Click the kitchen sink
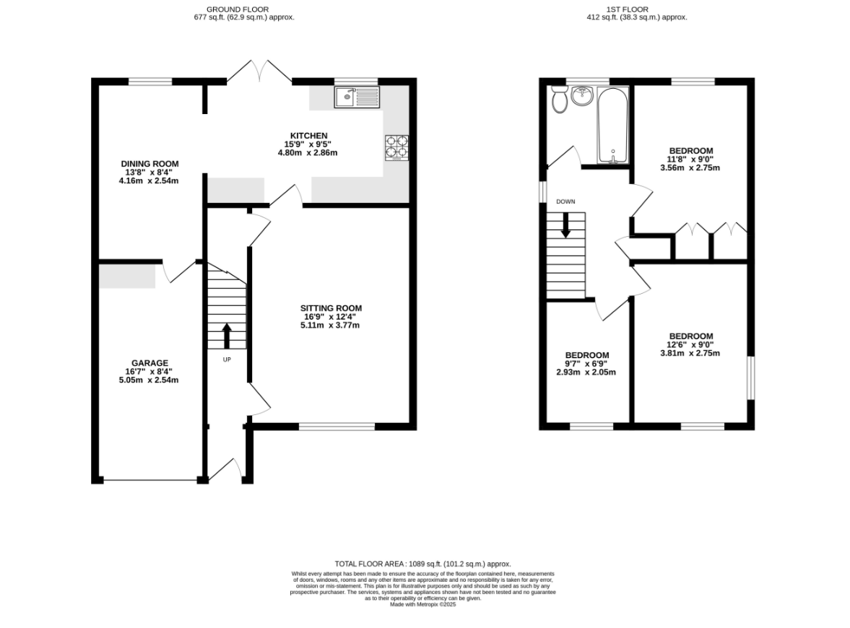[357, 97]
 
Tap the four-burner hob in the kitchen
[396, 147]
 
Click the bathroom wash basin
[581, 95]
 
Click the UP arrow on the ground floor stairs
[227, 336]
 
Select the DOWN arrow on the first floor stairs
[565, 225]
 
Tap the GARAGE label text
[149, 363]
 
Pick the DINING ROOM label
[149, 164]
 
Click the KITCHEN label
[309, 136]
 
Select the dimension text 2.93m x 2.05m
[586, 372]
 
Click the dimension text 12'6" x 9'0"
[690, 345]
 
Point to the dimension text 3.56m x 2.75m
[690, 167]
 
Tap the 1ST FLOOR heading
[628, 9]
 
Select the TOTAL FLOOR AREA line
[422, 564]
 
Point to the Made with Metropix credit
[422, 605]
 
